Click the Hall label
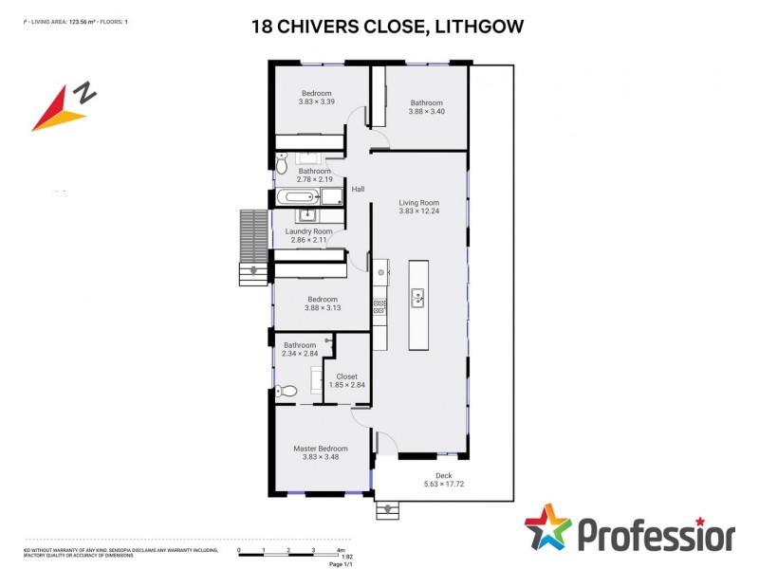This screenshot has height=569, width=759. (x=358, y=190)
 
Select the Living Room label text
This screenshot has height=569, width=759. (x=418, y=202)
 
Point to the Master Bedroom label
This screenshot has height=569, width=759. (x=320, y=449)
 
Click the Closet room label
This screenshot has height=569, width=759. (x=346, y=376)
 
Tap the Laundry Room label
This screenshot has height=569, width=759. (x=309, y=231)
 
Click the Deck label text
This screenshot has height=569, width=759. (x=443, y=476)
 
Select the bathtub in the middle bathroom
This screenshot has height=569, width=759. (x=298, y=197)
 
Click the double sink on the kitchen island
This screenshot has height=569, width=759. (x=417, y=300)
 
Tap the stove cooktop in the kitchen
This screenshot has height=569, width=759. (x=379, y=305)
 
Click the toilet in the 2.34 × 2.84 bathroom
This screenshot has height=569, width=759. (x=287, y=391)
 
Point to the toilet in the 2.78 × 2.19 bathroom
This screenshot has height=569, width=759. (x=282, y=162)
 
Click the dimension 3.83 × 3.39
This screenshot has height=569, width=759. (x=316, y=101)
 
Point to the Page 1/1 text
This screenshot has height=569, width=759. (x=341, y=564)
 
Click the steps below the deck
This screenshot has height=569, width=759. (x=388, y=510)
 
